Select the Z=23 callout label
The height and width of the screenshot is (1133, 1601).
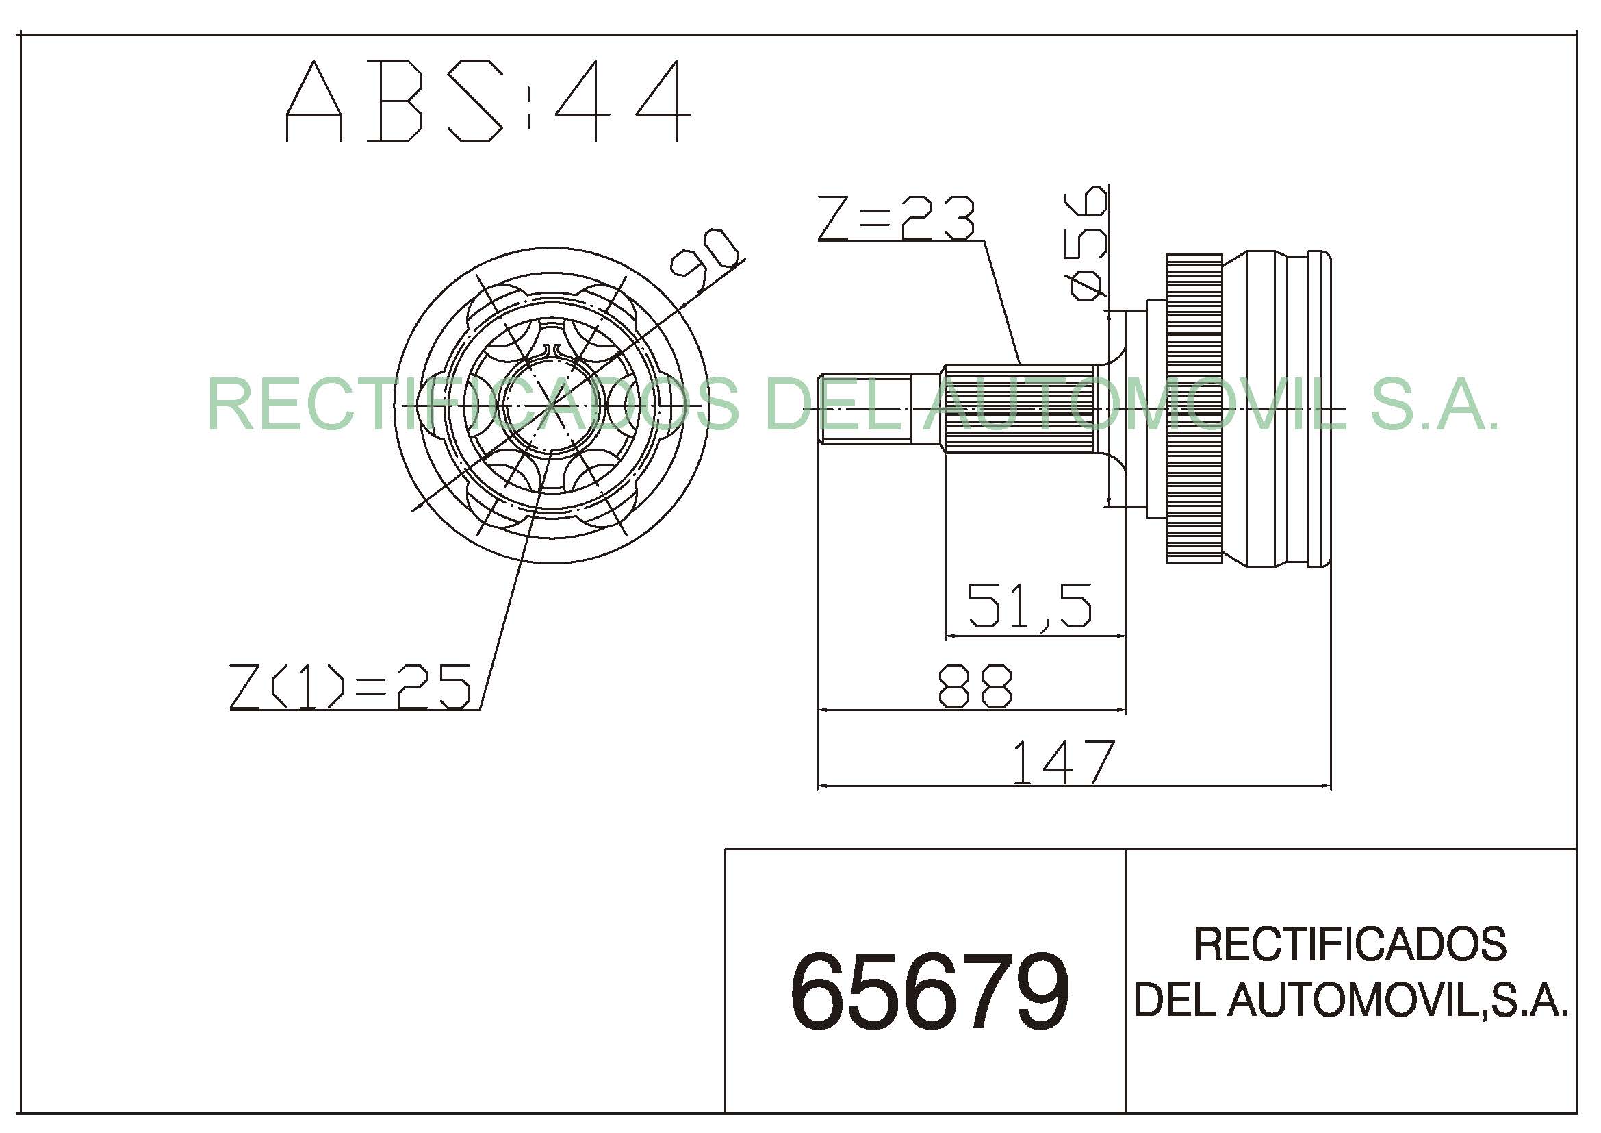tap(896, 219)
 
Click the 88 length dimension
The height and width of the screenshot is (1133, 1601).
tap(974, 686)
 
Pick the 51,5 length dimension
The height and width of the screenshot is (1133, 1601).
tap(1029, 605)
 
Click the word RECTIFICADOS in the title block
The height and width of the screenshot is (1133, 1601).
tap(1350, 945)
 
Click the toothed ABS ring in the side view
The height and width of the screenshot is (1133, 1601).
tap(1194, 408)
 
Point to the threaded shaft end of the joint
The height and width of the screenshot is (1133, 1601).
tap(864, 408)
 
